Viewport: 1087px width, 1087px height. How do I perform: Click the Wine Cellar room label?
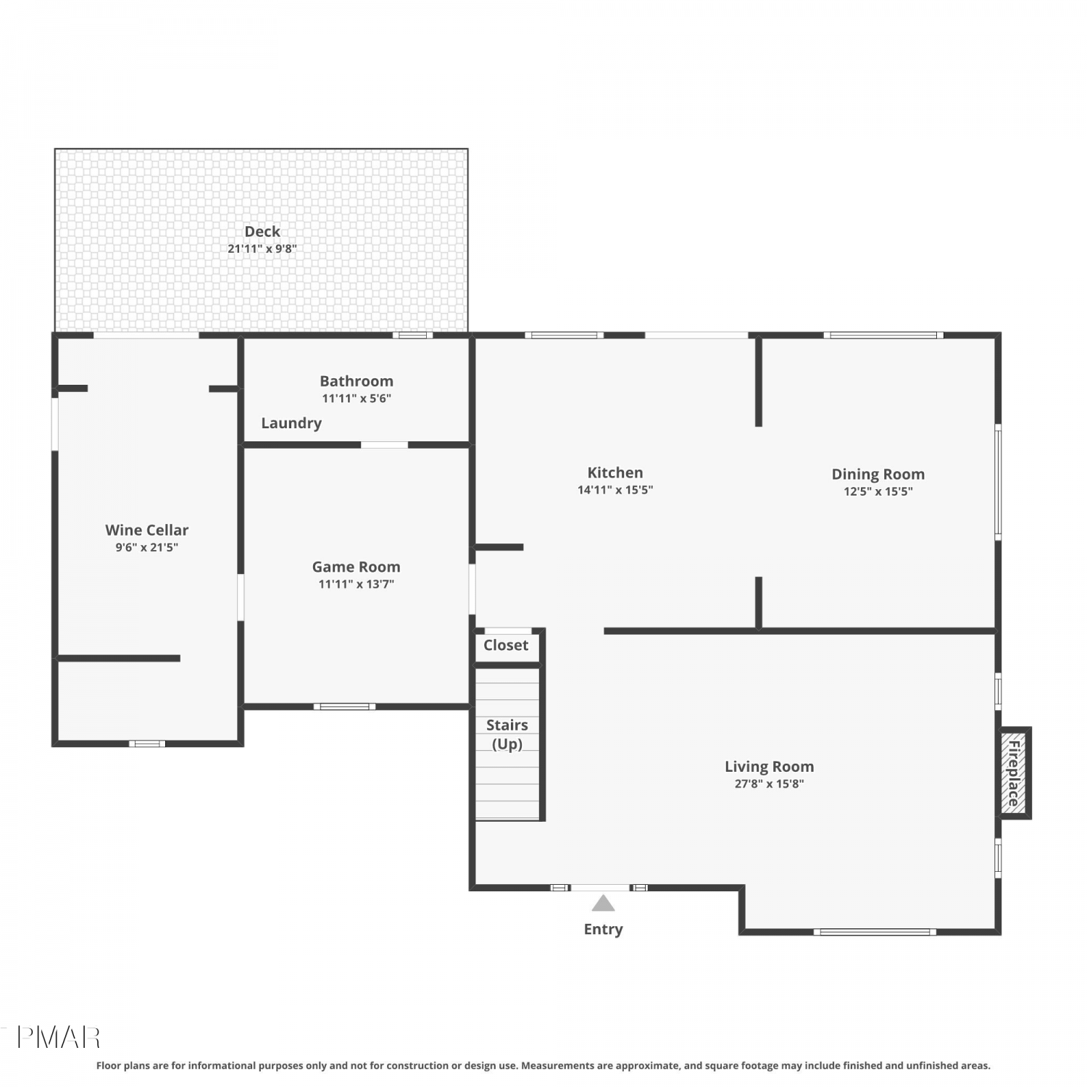(x=146, y=530)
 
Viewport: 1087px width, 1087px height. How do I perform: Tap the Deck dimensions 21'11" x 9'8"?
(x=262, y=249)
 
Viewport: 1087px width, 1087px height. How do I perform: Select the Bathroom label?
(x=357, y=381)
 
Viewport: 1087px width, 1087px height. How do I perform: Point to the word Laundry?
(x=291, y=423)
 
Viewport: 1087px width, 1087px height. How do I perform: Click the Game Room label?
(x=356, y=567)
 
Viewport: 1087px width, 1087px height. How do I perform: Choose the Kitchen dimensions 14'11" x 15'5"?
(x=615, y=490)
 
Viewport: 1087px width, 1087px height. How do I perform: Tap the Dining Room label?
(x=878, y=475)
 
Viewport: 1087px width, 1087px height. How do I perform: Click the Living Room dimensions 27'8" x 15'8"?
(x=770, y=783)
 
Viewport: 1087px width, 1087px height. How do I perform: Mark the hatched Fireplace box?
(x=1014, y=773)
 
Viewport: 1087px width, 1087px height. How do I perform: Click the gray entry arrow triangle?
(x=603, y=904)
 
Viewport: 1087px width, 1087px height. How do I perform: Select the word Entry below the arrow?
(x=603, y=929)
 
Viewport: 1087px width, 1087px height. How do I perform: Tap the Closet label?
(x=506, y=645)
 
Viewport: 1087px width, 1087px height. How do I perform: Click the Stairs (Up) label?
(x=507, y=734)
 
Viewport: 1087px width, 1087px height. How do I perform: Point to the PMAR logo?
(x=58, y=1038)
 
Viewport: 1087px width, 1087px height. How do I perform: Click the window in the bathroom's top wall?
(x=413, y=335)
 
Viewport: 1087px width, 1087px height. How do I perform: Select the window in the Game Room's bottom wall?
(x=344, y=707)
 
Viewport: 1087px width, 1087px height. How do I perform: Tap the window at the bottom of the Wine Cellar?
(x=147, y=744)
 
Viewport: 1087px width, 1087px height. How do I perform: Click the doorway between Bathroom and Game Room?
(x=384, y=445)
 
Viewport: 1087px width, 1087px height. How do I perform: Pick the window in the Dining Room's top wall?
(x=883, y=335)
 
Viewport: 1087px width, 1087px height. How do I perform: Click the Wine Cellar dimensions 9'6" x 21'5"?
(x=146, y=548)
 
